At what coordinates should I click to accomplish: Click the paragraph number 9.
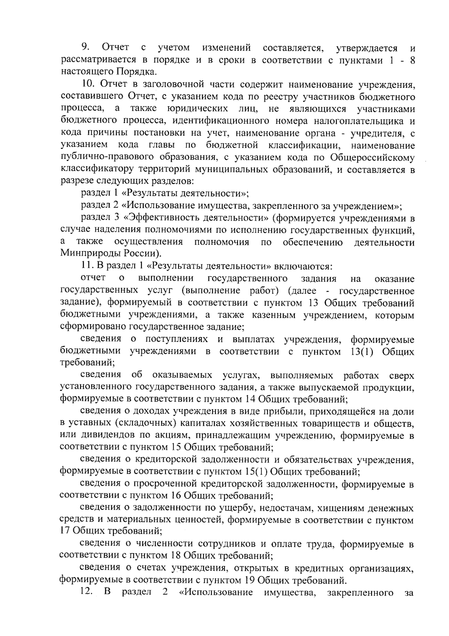(x=85, y=48)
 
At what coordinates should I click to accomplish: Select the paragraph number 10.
(x=89, y=84)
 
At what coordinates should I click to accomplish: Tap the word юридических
(x=198, y=109)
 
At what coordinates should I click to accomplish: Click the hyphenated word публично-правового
(x=103, y=157)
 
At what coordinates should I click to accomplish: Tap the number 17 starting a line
(x=65, y=531)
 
